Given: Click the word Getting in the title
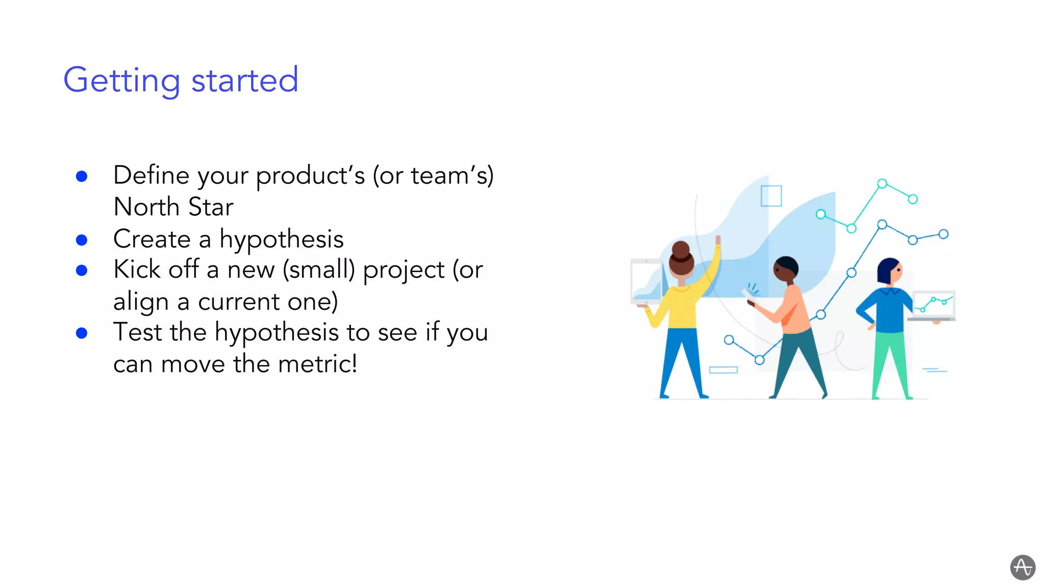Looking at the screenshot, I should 121,81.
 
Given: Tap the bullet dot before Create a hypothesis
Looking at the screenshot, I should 82,240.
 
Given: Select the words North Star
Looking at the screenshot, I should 173,207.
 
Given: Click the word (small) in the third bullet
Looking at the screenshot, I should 318,269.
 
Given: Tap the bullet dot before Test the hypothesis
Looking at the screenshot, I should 82,333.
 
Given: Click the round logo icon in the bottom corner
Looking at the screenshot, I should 1023,567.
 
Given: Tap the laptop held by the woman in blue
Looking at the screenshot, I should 933,306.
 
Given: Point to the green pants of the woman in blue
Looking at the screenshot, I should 890,362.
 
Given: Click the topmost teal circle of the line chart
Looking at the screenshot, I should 882,184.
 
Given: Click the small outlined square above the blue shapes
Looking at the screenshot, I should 771,196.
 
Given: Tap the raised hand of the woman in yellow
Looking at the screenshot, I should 718,240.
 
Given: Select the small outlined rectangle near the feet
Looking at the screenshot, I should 723,370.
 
